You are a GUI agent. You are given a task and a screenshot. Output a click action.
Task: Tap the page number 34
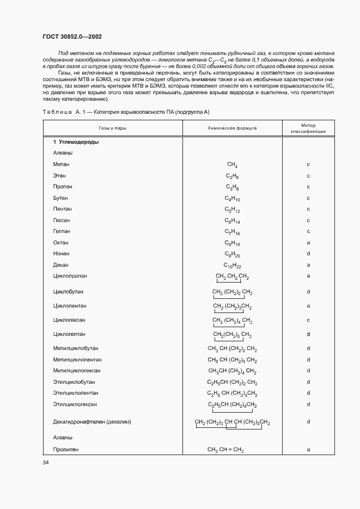46,463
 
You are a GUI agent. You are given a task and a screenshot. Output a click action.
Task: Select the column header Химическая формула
232,128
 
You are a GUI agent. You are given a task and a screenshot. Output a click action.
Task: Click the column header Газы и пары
113,128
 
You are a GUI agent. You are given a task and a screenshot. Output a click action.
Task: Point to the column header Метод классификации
308,128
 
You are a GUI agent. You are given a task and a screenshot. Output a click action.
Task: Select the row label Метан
61,164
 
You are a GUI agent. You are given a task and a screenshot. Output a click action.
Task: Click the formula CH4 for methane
232,165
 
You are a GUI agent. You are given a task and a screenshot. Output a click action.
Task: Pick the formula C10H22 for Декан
232,266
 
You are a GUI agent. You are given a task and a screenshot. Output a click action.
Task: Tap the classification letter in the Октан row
308,243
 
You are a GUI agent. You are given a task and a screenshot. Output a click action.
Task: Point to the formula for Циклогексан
232,320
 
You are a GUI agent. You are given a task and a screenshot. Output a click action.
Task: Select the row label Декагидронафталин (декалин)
93,422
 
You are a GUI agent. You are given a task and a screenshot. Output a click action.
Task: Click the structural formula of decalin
232,423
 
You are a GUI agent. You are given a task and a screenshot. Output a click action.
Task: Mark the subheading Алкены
63,437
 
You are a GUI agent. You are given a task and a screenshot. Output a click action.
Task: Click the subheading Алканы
63,153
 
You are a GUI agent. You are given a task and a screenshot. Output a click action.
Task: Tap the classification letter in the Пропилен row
308,450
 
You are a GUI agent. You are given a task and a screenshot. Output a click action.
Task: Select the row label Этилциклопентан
76,393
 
